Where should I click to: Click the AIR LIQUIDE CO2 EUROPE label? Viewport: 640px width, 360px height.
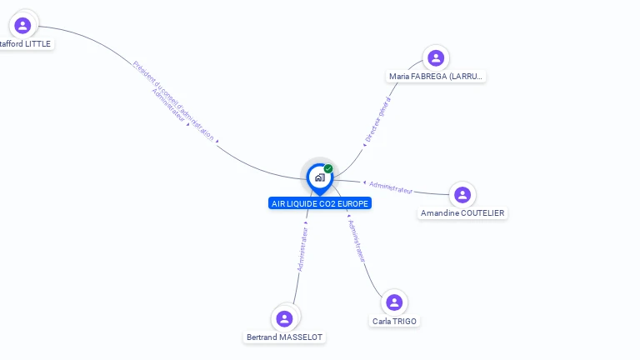[x=320, y=203]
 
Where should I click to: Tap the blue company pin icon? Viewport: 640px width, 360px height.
[x=319, y=177]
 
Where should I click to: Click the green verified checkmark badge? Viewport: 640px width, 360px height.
[x=328, y=168]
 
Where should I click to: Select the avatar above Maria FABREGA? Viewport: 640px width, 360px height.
[x=436, y=57]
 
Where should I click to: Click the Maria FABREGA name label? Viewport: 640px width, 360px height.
[x=436, y=77]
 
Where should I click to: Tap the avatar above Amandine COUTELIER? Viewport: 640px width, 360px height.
[x=462, y=194]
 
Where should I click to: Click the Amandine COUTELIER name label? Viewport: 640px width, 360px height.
[x=462, y=213]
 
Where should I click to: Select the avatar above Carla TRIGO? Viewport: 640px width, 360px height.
[x=394, y=302]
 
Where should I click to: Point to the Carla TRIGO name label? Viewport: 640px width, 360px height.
[x=394, y=322]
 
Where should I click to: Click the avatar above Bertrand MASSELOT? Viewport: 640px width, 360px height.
[x=284, y=318]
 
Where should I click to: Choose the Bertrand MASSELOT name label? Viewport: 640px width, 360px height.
[x=284, y=337]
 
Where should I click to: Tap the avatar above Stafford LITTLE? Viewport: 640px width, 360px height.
[x=22, y=25]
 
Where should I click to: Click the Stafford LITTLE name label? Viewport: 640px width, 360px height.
[x=25, y=43]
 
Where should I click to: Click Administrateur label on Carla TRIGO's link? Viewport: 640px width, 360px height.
[x=356, y=241]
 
